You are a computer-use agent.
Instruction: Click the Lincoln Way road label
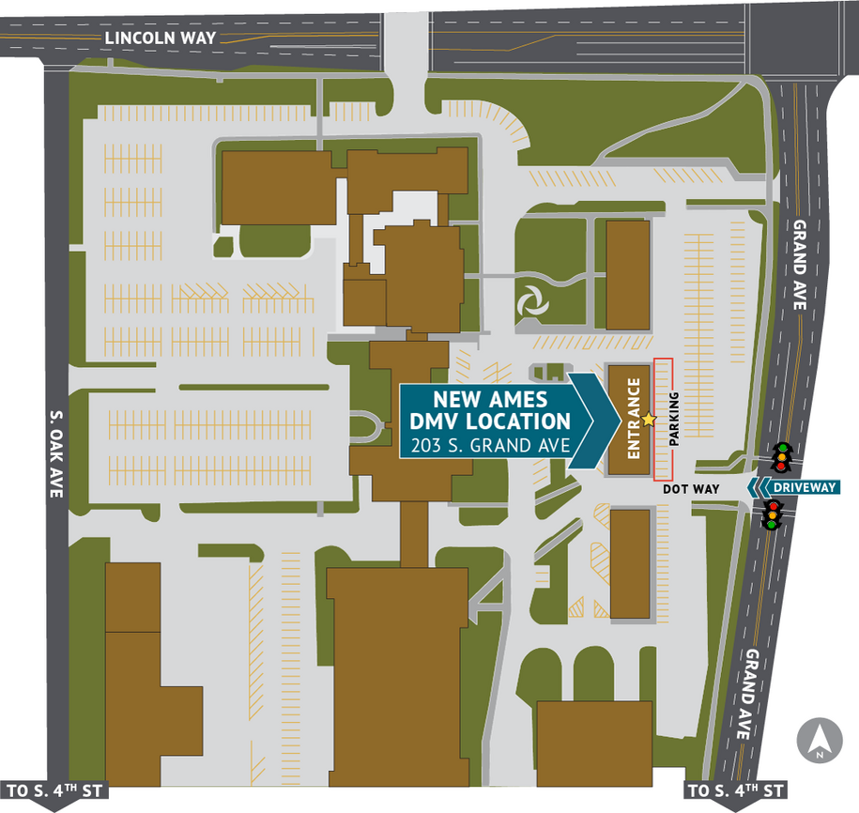click(x=161, y=38)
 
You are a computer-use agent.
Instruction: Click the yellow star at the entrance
click(x=648, y=420)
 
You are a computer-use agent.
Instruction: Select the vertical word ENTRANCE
click(x=634, y=419)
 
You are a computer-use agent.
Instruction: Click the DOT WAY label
click(x=691, y=489)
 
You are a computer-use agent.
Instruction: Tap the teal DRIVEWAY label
click(x=806, y=486)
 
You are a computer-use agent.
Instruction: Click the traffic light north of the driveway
click(x=779, y=457)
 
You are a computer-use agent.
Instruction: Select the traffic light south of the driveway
click(x=773, y=514)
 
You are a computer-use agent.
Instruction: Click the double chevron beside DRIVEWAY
click(x=759, y=486)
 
